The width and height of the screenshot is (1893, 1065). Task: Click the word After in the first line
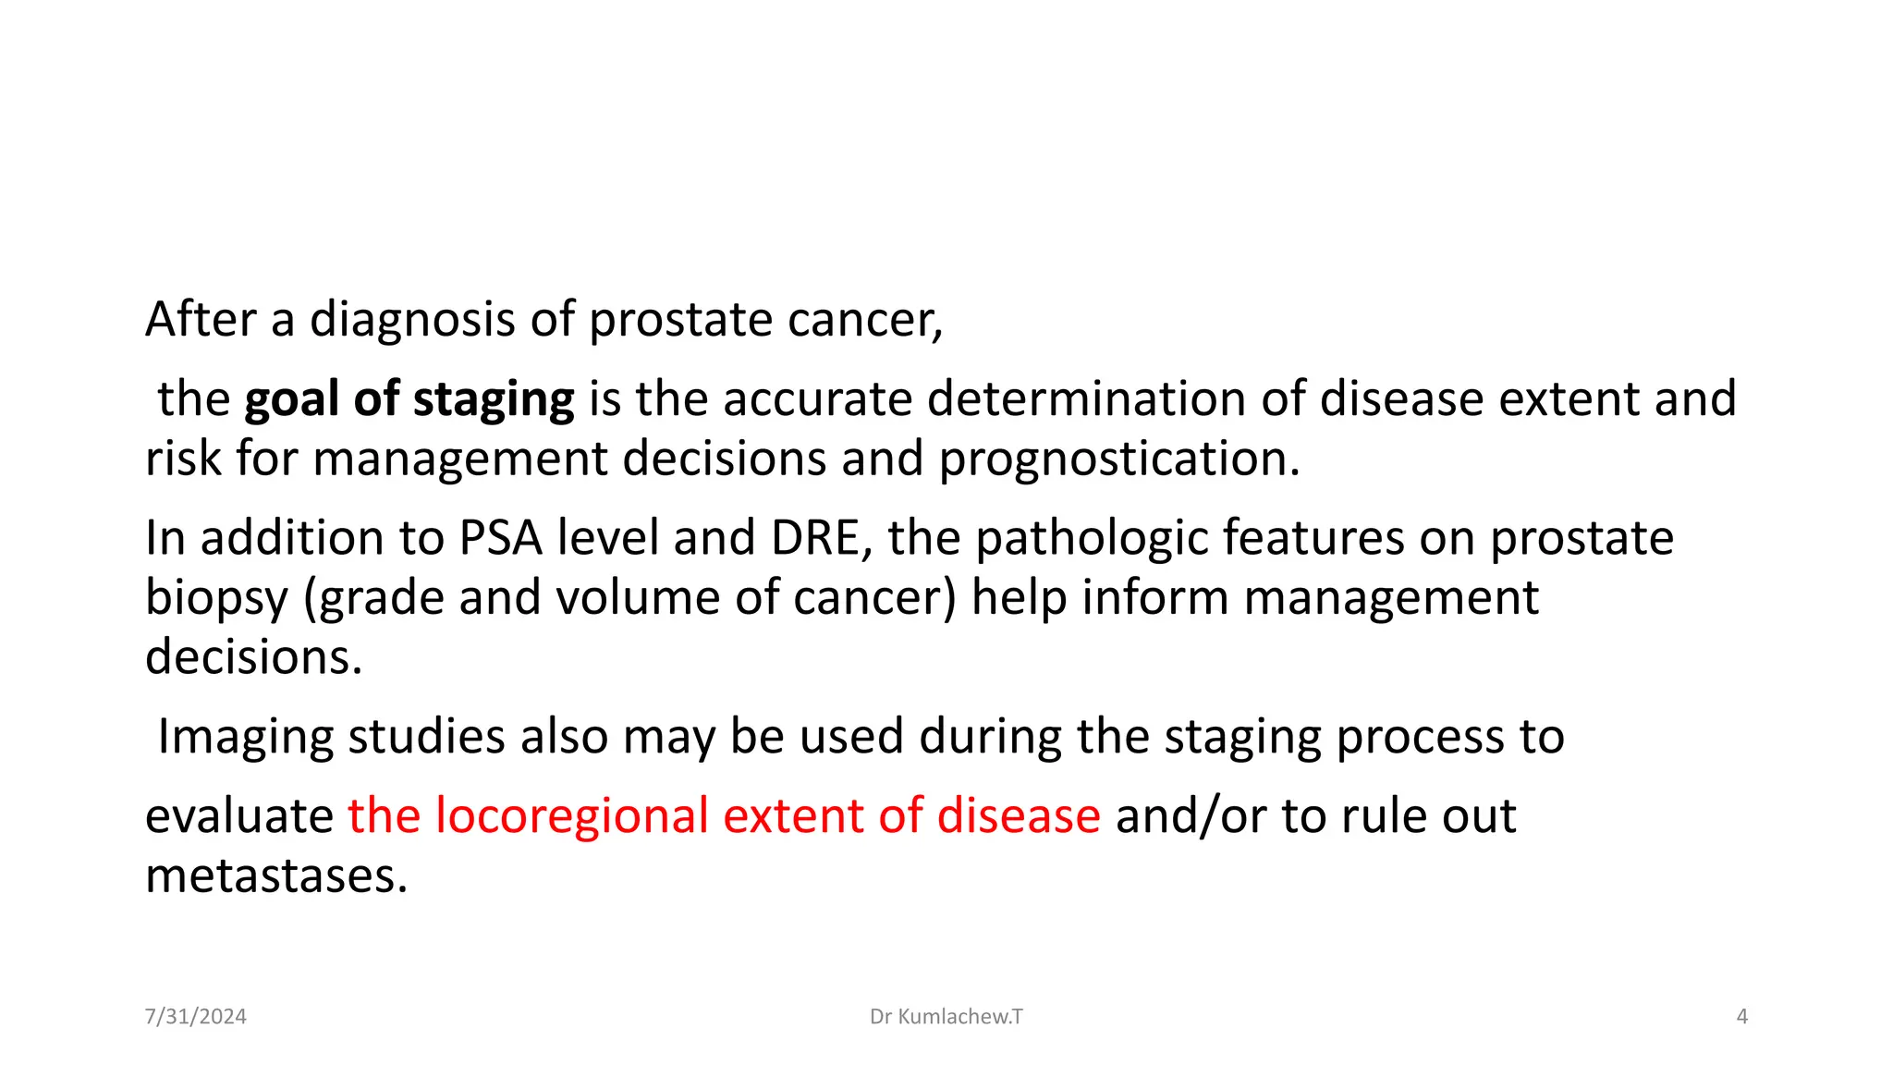(201, 320)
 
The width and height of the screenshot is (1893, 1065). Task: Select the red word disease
(1018, 816)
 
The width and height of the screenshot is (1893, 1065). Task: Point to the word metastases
(275, 876)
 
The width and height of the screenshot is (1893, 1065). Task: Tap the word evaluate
(239, 817)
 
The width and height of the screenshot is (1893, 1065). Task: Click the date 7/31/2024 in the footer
(196, 1017)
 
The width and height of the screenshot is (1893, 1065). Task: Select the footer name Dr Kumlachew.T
(946, 1017)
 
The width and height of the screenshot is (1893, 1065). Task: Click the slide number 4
(1741, 1017)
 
